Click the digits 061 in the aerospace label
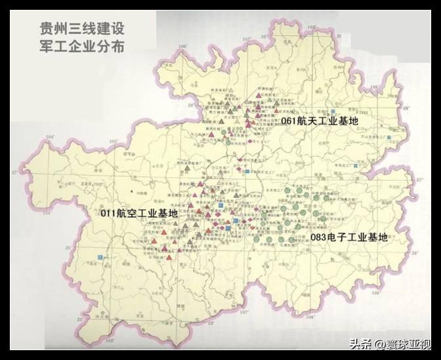coord(289,122)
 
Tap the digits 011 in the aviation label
coord(110,214)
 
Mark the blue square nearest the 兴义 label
coord(99,256)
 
